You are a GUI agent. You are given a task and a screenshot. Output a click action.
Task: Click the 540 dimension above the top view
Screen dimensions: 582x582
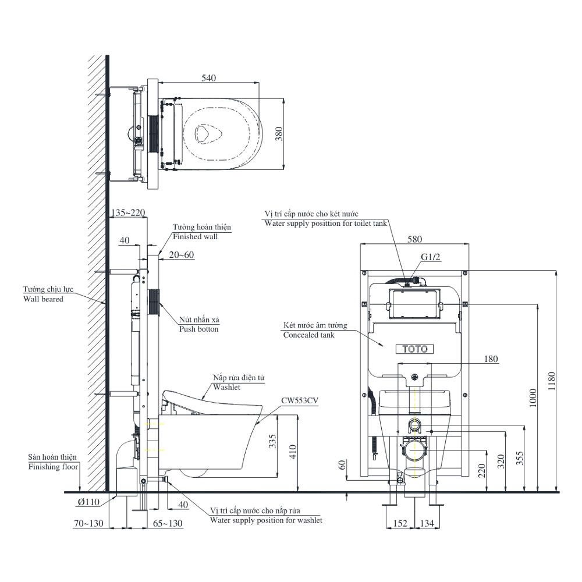(x=208, y=78)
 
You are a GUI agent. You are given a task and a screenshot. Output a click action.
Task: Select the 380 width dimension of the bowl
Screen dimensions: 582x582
(x=279, y=134)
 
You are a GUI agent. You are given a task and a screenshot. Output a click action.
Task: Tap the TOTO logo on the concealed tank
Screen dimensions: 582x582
(x=415, y=349)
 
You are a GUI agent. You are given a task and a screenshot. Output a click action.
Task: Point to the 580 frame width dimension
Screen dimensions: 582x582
(x=414, y=239)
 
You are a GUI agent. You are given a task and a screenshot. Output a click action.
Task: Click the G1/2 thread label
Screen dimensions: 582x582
(x=431, y=257)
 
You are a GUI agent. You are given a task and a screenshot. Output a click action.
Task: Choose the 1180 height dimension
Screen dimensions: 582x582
(x=552, y=381)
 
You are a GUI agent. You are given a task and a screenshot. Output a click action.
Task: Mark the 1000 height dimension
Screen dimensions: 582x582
(x=533, y=398)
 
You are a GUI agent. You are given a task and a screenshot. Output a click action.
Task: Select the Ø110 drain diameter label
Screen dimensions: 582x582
(x=88, y=502)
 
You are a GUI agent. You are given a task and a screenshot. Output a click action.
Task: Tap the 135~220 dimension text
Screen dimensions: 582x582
(x=127, y=212)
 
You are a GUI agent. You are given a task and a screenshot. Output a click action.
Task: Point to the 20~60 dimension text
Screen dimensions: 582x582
(x=182, y=255)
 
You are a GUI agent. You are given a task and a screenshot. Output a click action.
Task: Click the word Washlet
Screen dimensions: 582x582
(x=227, y=387)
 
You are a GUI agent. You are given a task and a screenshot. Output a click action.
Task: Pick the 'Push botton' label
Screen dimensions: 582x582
(x=198, y=329)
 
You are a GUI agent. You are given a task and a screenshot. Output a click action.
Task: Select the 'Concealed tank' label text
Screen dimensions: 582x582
(x=308, y=335)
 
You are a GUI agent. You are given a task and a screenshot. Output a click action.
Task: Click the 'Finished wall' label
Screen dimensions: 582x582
(x=195, y=236)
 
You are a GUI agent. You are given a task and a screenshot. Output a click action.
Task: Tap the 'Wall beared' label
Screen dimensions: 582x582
(x=43, y=299)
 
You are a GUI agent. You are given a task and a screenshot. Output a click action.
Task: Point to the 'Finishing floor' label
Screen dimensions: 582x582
(x=53, y=467)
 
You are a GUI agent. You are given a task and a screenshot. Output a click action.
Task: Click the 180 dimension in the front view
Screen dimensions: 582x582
(x=491, y=359)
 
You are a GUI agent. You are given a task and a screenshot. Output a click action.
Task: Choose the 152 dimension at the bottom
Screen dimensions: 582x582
(x=400, y=523)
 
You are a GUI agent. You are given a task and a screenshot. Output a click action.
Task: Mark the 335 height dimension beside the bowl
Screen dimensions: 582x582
(x=273, y=441)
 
